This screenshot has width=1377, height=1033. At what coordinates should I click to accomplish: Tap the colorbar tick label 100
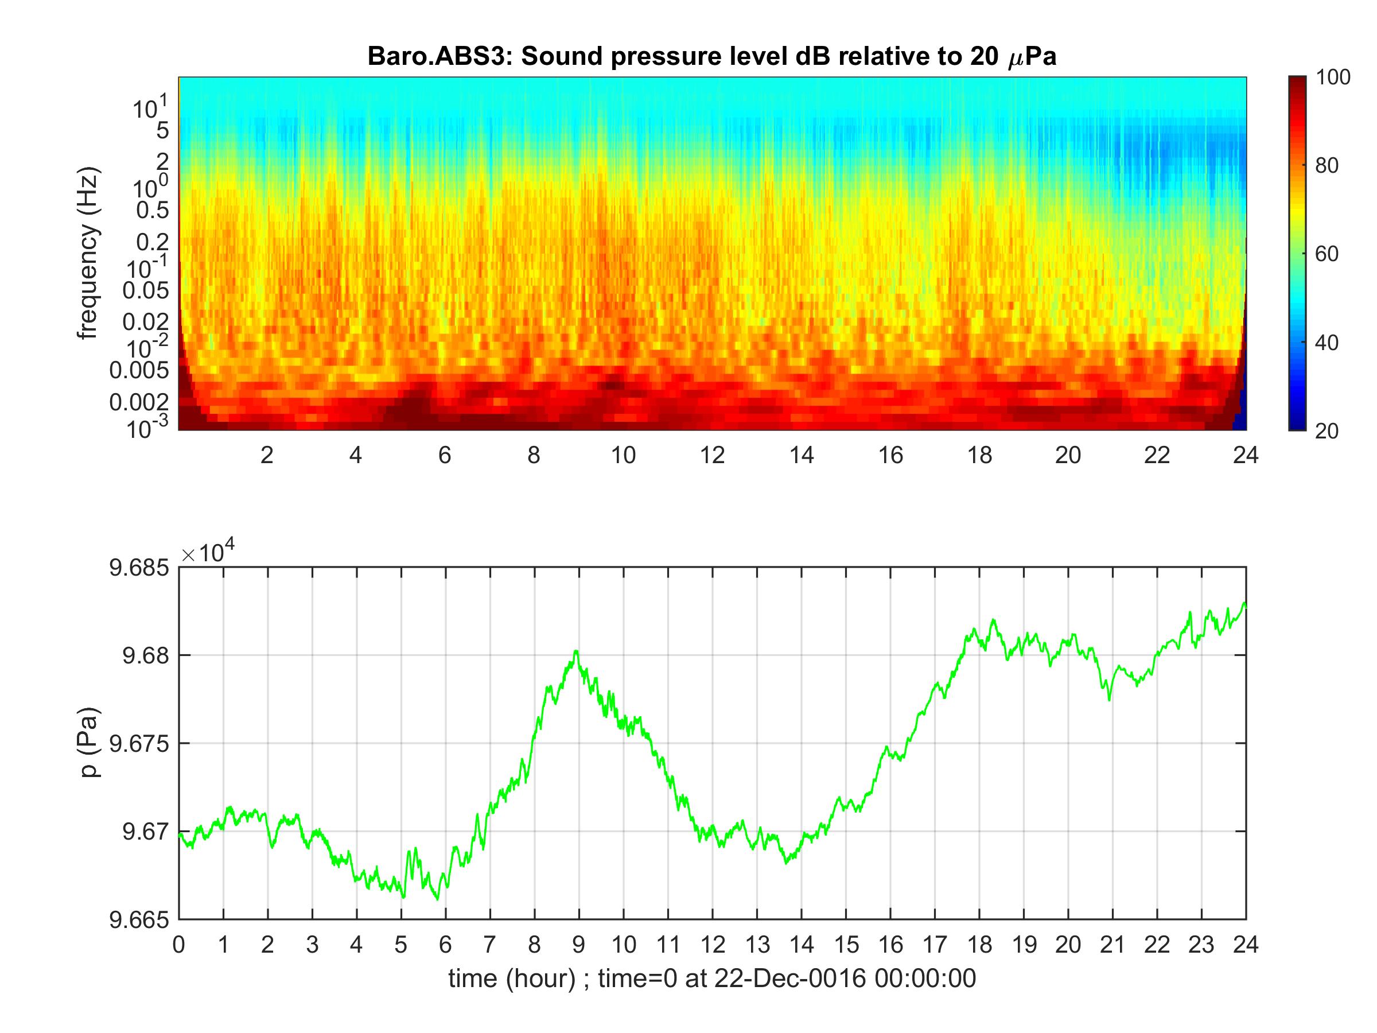1333,77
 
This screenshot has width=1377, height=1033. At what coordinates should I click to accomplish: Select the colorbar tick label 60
1327,254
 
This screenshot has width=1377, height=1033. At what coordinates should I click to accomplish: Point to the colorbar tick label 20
1327,431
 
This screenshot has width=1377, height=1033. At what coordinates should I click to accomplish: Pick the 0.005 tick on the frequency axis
139,371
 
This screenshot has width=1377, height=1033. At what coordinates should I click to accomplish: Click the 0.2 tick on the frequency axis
153,242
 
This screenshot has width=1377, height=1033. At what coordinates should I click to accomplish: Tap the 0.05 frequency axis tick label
146,290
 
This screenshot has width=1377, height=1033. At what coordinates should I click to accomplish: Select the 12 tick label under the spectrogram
712,456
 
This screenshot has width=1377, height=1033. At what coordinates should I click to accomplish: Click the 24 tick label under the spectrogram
1246,456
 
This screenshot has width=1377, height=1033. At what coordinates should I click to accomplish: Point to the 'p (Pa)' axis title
90,743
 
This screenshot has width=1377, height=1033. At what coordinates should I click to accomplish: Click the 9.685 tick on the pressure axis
139,568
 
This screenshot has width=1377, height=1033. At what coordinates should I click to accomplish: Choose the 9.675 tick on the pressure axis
139,743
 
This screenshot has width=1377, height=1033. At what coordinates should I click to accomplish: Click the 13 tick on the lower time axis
757,945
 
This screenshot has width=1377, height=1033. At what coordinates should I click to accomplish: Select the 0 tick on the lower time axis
179,945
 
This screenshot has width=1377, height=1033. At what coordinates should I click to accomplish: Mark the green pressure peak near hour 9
577,651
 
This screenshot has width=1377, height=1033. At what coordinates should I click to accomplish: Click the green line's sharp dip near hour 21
1108,700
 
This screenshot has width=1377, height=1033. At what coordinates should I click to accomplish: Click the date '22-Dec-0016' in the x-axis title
789,979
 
